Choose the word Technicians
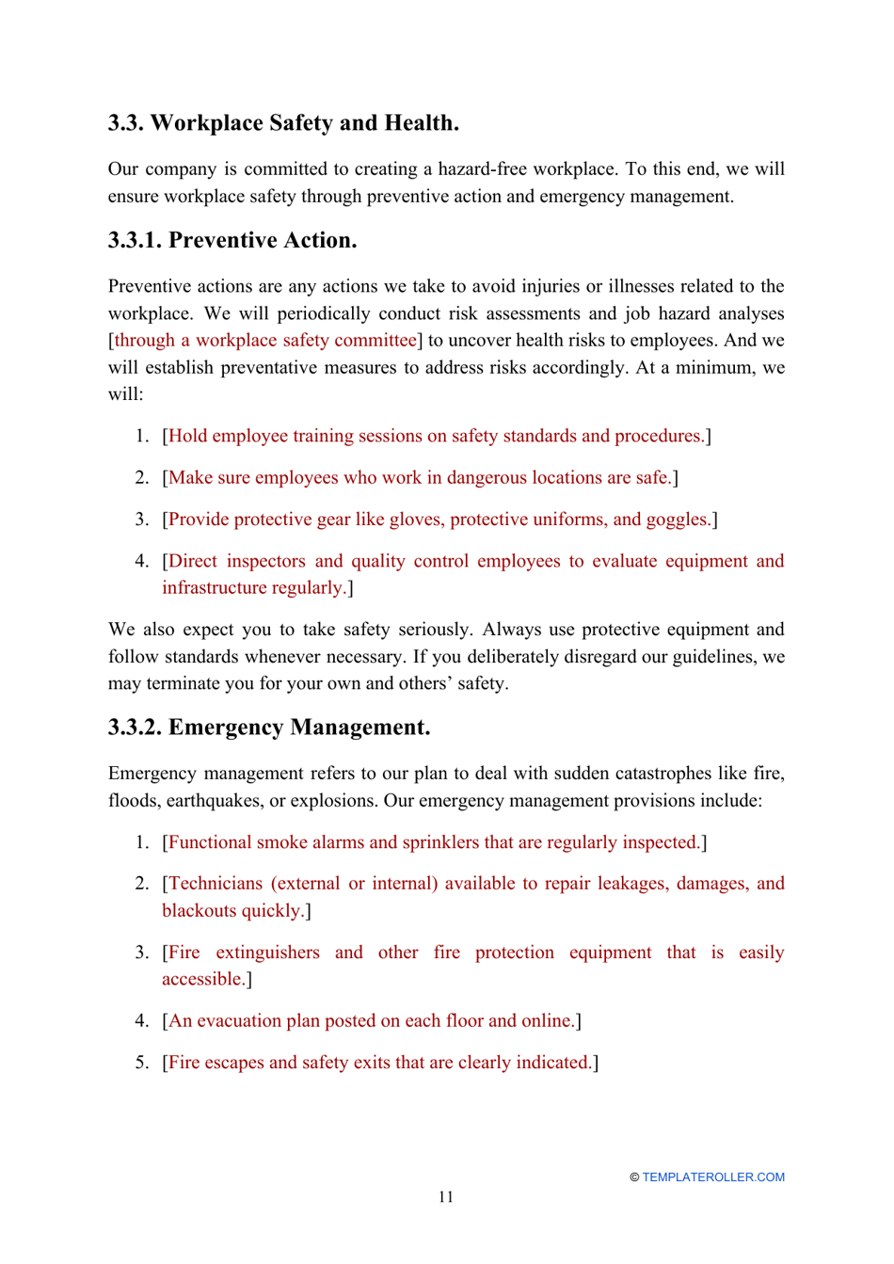click(x=216, y=884)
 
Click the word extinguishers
click(x=267, y=952)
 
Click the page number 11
click(x=446, y=1197)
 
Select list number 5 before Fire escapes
click(x=142, y=1063)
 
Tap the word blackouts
click(x=199, y=911)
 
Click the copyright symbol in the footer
click(x=634, y=1177)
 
